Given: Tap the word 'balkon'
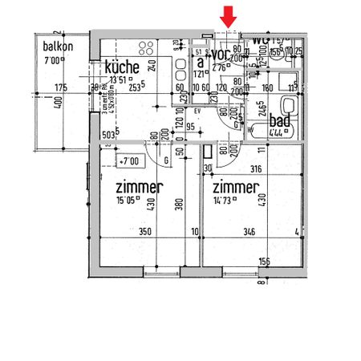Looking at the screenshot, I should click(x=58, y=47).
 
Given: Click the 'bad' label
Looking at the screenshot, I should click(x=280, y=120).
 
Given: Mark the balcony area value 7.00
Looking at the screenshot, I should click(x=52, y=60).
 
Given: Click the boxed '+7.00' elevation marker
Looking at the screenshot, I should click(x=128, y=162).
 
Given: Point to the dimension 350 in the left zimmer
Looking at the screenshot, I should click(x=144, y=233).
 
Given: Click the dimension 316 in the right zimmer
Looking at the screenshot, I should click(x=257, y=168).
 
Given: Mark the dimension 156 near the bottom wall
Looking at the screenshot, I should click(x=264, y=261).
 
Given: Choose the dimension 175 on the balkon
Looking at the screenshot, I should click(x=59, y=87).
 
